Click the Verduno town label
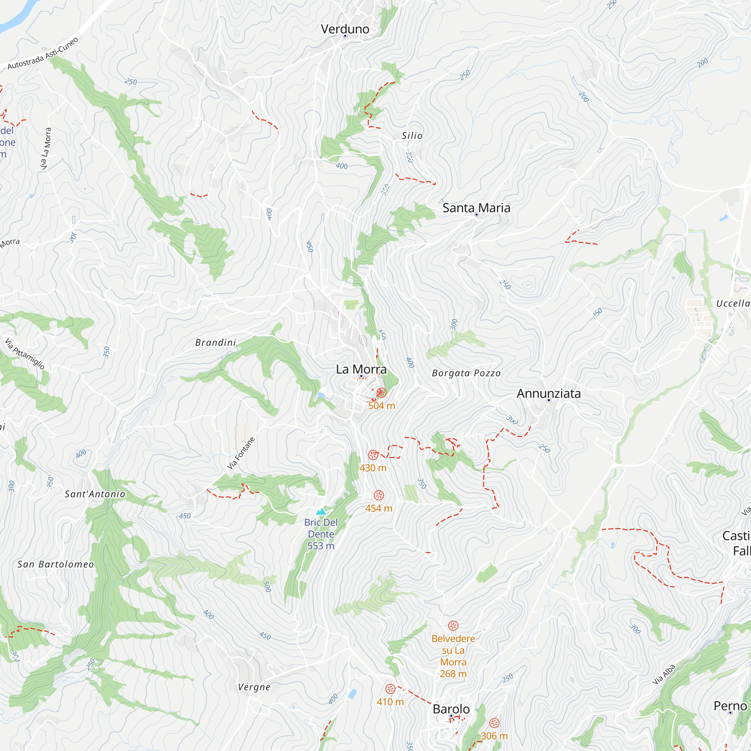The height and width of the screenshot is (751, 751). pyautogui.click(x=345, y=29)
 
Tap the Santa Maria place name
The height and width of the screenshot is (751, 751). pyautogui.click(x=476, y=208)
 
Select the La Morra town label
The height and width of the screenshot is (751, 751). pyautogui.click(x=361, y=369)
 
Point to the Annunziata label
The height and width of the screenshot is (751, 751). pyautogui.click(x=549, y=394)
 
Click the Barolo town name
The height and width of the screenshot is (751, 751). pyautogui.click(x=451, y=709)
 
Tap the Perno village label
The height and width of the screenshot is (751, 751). pyautogui.click(x=730, y=706)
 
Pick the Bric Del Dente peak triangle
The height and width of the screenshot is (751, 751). pyautogui.click(x=321, y=511)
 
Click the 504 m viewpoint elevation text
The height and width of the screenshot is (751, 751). pyautogui.click(x=382, y=406)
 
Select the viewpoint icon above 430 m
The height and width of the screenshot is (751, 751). pyautogui.click(x=373, y=455)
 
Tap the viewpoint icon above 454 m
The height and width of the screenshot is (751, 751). pyautogui.click(x=379, y=495)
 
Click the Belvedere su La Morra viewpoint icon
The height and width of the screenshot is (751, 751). pyautogui.click(x=453, y=626)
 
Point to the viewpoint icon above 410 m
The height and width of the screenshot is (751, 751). pyautogui.click(x=390, y=689)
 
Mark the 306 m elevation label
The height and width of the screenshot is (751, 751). pyautogui.click(x=494, y=736)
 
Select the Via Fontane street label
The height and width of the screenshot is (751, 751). pyautogui.click(x=241, y=453)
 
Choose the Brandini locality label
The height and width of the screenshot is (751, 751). pyautogui.click(x=216, y=342)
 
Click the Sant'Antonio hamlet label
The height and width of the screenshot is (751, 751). pyautogui.click(x=95, y=494)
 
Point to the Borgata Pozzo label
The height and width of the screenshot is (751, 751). pyautogui.click(x=466, y=373)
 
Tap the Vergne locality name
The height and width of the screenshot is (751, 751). pyautogui.click(x=254, y=687)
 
